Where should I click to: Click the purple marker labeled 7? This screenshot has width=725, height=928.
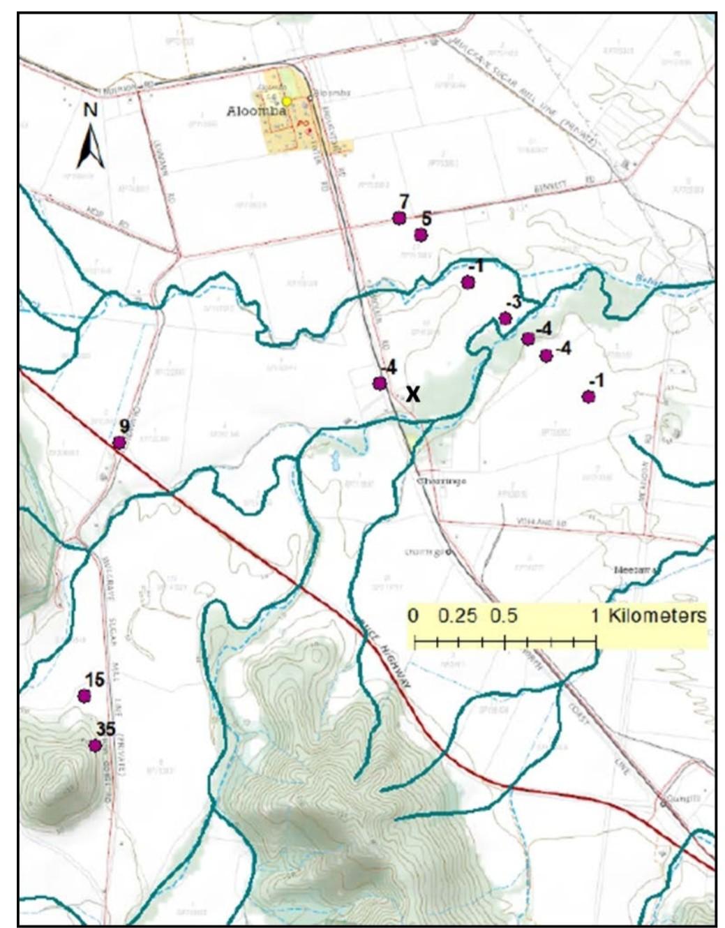399,218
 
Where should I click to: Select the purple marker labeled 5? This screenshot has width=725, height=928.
420,234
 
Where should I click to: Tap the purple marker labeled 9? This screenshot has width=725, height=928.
119,442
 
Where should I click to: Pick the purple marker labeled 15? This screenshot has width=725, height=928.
84,696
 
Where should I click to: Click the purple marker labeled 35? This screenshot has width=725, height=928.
95,745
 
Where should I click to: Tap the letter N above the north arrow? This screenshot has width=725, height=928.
91,110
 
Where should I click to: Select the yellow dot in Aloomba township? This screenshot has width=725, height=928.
286,102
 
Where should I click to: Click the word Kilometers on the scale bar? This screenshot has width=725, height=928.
657,616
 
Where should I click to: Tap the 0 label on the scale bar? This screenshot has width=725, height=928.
414,616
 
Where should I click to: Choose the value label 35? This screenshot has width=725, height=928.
106,729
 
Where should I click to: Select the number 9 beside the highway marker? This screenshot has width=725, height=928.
124,426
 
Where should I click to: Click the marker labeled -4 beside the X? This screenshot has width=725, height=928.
380,383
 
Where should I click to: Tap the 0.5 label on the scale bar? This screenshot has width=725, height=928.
504,616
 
